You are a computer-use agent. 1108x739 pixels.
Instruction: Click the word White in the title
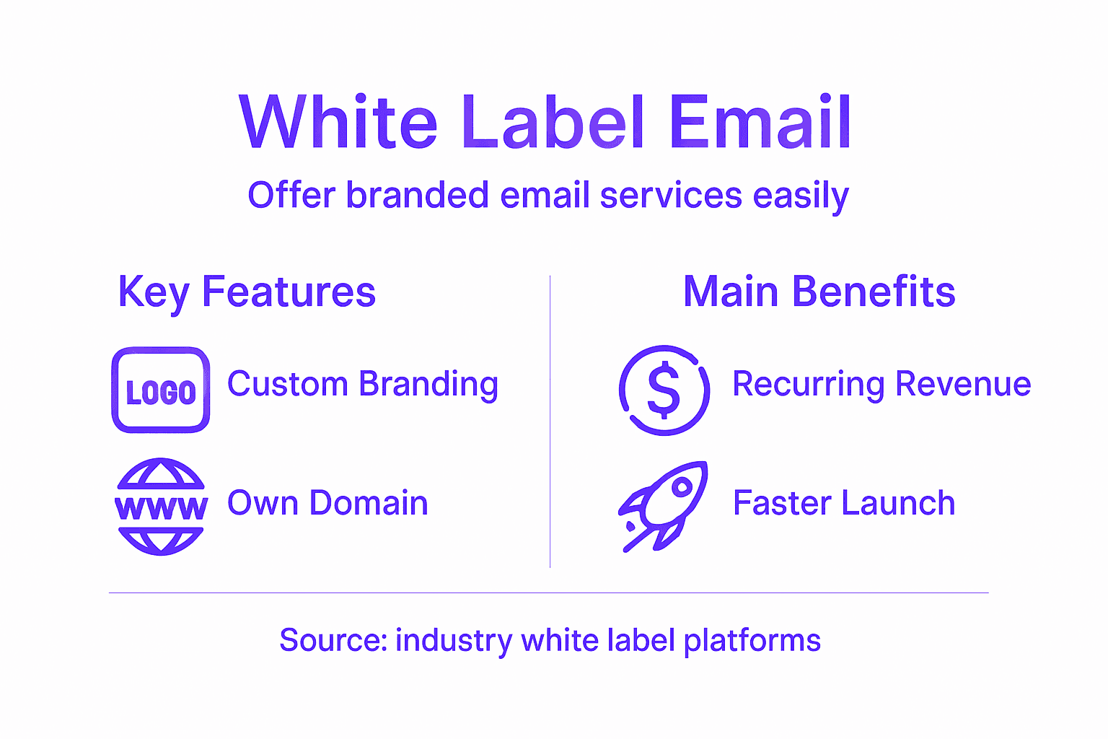(x=338, y=123)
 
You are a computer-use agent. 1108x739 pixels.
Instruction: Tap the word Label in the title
(x=552, y=123)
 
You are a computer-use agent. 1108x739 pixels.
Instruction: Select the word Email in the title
(x=760, y=123)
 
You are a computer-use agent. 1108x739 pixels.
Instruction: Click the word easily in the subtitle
(x=801, y=196)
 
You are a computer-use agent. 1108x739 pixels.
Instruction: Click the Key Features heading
(x=247, y=292)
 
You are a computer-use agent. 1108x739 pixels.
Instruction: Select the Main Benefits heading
(x=819, y=292)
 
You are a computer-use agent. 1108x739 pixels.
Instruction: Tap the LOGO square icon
(x=161, y=390)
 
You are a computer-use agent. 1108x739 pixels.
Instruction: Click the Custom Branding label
(x=362, y=384)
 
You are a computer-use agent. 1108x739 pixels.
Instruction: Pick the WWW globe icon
(x=161, y=507)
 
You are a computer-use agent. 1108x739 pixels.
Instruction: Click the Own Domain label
(x=327, y=503)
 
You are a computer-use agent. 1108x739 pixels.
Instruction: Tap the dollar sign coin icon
(x=664, y=390)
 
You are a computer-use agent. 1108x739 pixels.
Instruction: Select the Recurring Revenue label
(x=881, y=384)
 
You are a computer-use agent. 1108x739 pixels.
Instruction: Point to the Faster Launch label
(x=844, y=503)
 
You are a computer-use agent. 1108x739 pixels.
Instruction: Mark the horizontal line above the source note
(x=548, y=592)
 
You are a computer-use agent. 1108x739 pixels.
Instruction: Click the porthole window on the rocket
(x=680, y=488)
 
